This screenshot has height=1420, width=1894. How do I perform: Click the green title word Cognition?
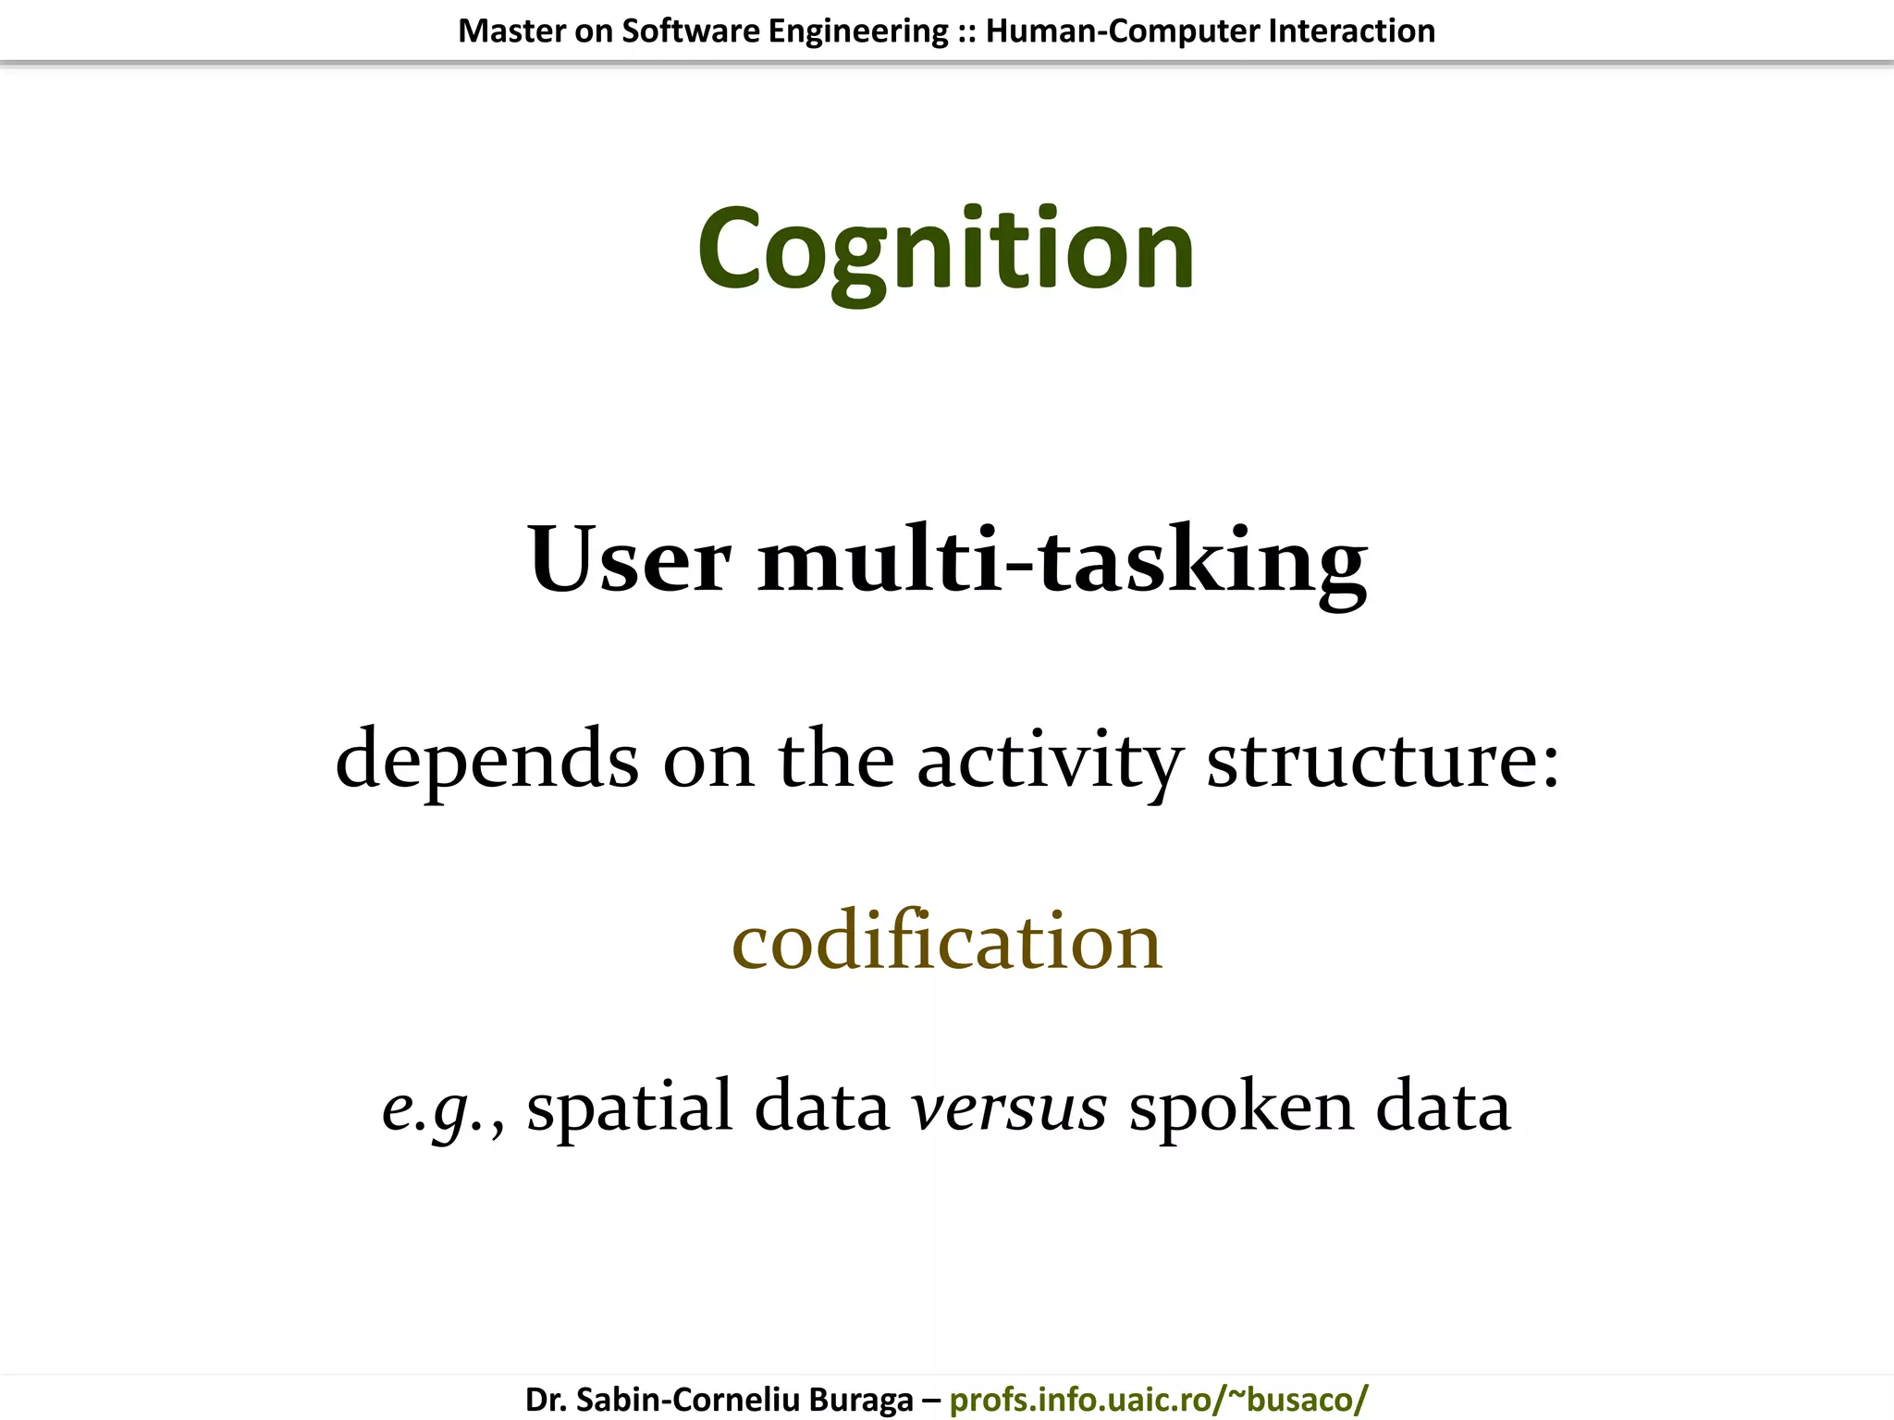pos(946,250)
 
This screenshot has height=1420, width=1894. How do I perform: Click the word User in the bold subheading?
pos(629,560)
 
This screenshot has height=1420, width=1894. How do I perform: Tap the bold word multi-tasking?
pos(1062,560)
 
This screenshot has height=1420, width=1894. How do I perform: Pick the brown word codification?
pos(946,941)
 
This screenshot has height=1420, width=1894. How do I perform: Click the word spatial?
pos(629,1108)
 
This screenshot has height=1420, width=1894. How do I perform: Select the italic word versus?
pos(1008,1108)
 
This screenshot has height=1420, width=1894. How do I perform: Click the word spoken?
pos(1241,1108)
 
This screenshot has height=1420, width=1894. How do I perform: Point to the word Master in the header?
pos(511,31)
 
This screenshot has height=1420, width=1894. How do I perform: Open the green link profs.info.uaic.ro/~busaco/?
pos(1158,1400)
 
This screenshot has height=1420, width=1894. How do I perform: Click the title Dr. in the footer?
pos(545,1400)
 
